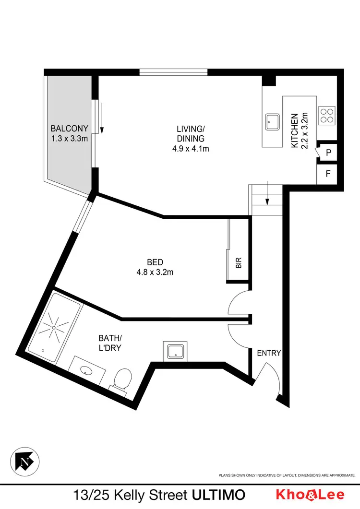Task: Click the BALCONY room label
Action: point(70,129)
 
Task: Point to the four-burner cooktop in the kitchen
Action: point(327,115)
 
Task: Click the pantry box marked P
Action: point(328,153)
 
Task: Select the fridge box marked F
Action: point(328,174)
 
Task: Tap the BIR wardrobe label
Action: point(239,263)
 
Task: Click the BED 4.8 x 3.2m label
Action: point(155,267)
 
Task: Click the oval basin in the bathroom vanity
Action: point(87,370)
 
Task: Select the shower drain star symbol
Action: point(54,327)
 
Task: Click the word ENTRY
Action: point(269,353)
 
